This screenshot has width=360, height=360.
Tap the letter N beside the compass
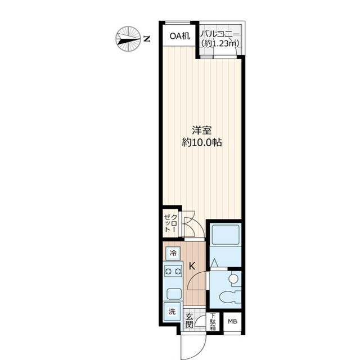(146, 39)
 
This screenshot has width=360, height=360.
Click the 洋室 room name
(203, 129)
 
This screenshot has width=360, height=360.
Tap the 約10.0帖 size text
(203, 143)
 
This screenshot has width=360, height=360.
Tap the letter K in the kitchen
(191, 267)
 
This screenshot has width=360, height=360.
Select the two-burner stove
(173, 272)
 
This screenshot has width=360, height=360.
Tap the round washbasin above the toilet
(232, 278)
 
